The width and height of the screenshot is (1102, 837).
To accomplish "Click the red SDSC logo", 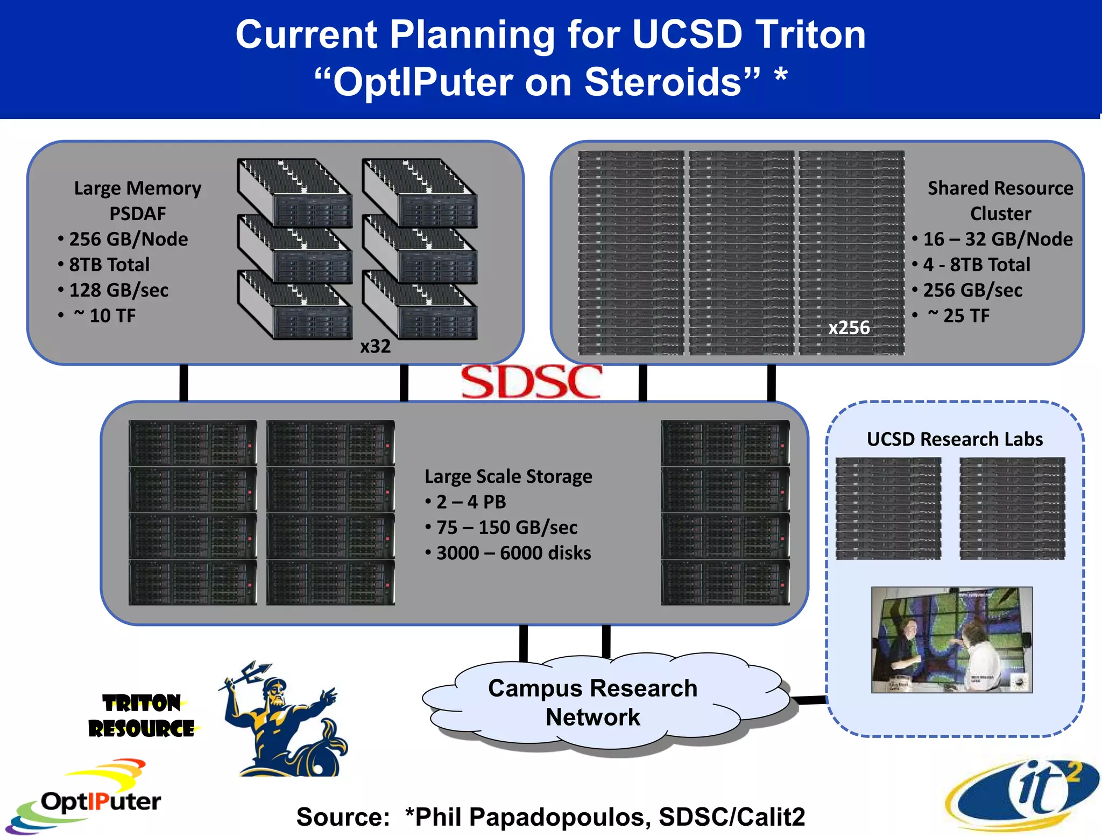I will [x=531, y=382].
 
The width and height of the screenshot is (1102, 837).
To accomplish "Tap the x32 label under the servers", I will [x=375, y=346].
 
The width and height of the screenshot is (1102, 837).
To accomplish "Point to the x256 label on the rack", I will [x=849, y=327].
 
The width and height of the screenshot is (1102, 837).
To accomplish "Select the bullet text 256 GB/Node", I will [x=128, y=239].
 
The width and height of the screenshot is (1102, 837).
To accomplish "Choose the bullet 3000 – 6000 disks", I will [x=513, y=553].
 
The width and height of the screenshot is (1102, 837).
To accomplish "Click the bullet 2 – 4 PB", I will [x=471, y=502].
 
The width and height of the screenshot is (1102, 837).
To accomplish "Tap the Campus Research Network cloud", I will [x=592, y=702].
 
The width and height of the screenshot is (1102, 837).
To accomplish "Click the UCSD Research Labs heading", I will [x=955, y=439].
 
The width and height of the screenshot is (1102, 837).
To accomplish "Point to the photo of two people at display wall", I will [x=951, y=639].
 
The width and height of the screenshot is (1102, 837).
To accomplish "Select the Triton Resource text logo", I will [x=142, y=716].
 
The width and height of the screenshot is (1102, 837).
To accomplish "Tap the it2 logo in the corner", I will [x=1022, y=794].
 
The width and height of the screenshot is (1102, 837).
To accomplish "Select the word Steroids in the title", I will [x=663, y=82].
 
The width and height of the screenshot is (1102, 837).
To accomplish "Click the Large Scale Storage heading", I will [x=508, y=476].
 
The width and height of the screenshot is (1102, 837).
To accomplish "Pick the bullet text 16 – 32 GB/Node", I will [x=998, y=239].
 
